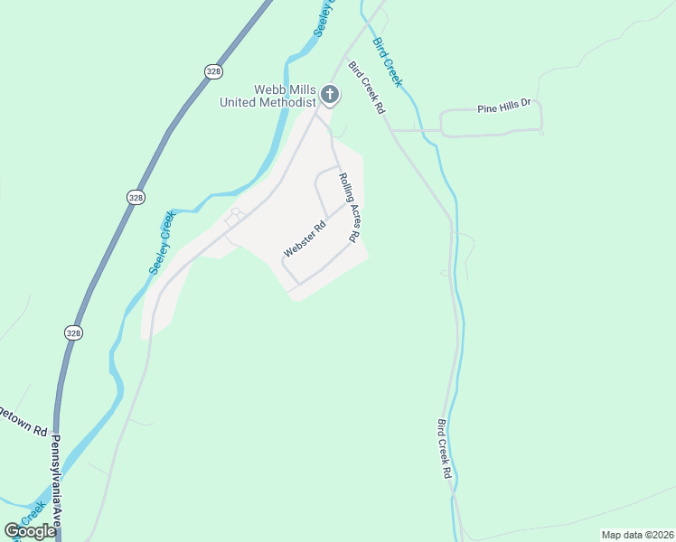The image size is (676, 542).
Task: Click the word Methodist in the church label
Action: click(x=284, y=103)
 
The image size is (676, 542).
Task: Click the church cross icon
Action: click(x=331, y=94)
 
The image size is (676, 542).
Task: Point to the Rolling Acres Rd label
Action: click(x=350, y=207)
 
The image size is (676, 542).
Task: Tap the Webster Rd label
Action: click(x=304, y=239)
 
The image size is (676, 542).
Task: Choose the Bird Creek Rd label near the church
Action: click(x=367, y=87)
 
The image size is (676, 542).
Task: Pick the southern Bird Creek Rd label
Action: click(x=445, y=449)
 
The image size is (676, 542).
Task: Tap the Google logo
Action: click(x=30, y=531)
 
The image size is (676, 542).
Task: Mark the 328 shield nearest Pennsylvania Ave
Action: click(x=73, y=333)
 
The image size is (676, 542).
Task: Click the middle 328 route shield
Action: click(x=136, y=197)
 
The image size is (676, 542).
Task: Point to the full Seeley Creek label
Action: click(x=159, y=243)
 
